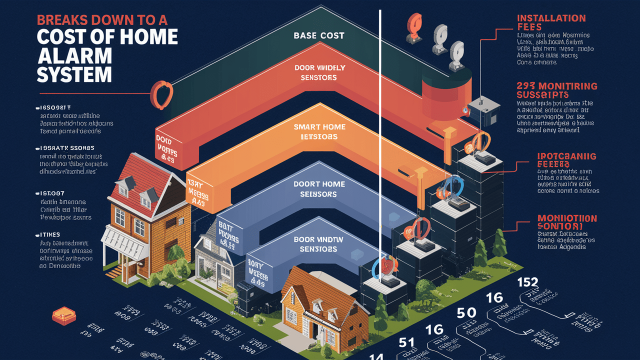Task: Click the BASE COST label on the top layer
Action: pos(318,35)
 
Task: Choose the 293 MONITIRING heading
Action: pos(556,90)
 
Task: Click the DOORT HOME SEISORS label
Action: pos(319,188)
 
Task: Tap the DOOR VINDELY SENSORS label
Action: pos(318,72)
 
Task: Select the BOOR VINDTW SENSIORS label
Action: pos(318,244)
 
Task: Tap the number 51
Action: pos(407,342)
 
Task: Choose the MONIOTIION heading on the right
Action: pos(567,222)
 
